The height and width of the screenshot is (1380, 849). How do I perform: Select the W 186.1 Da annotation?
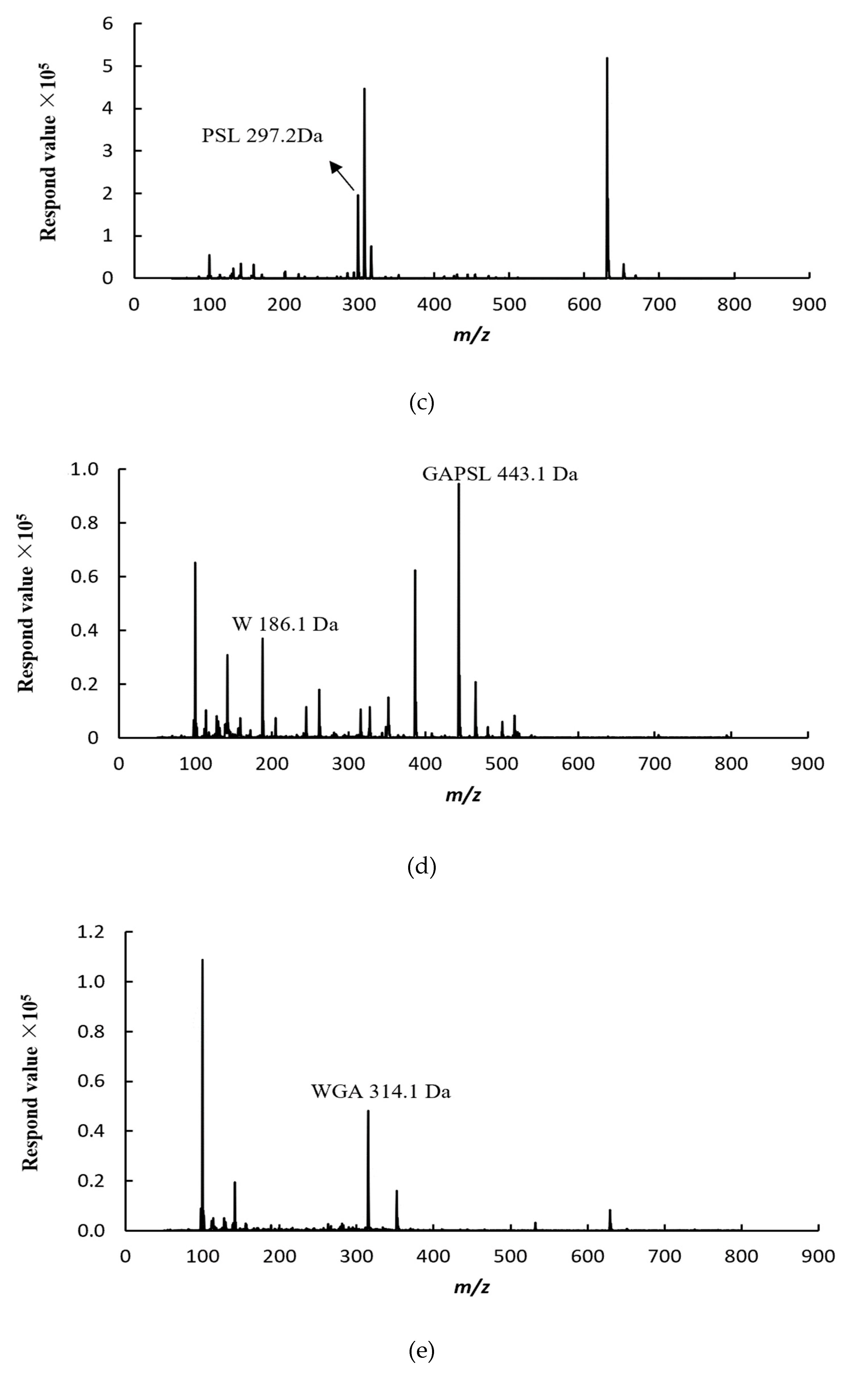pyautogui.click(x=285, y=624)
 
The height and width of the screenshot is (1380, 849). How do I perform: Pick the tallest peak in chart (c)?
pyautogui.click(x=607, y=168)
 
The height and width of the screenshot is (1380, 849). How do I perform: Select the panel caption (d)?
pyautogui.click(x=421, y=866)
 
